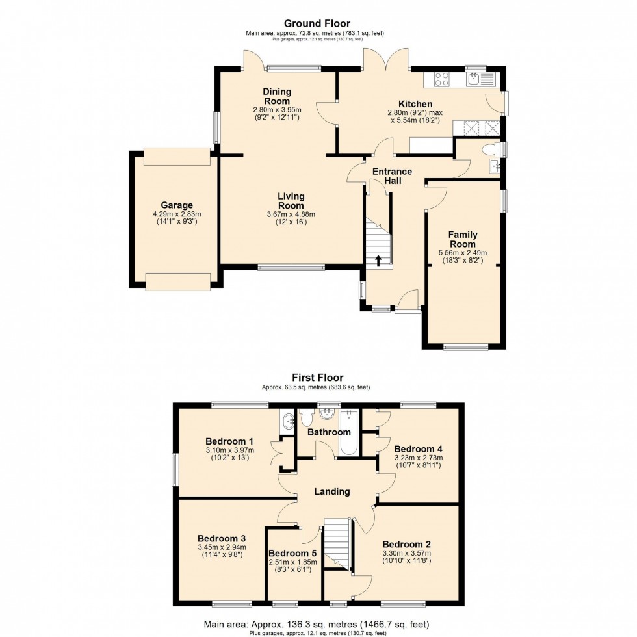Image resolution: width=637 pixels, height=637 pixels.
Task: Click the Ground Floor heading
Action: click(x=317, y=23)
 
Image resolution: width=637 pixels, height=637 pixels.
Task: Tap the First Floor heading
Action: click(x=318, y=378)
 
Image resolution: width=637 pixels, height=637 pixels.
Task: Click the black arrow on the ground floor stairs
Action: click(x=378, y=261)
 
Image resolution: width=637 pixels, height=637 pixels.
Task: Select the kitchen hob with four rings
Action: click(x=442, y=79)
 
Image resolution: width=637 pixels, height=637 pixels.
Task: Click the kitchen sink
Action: click(x=474, y=79)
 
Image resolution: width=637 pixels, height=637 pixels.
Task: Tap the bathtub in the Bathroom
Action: click(x=348, y=433)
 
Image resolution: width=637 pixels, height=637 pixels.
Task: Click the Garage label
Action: click(x=177, y=205)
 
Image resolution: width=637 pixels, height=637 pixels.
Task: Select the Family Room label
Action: click(x=463, y=239)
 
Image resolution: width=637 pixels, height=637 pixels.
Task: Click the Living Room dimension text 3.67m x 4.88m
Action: click(x=291, y=214)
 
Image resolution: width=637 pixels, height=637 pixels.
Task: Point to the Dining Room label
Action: click(x=277, y=96)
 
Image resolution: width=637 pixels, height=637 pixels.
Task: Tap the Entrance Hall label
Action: click(x=393, y=176)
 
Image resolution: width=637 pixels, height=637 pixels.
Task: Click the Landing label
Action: click(x=332, y=491)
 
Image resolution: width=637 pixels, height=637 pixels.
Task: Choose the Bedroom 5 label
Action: click(x=292, y=553)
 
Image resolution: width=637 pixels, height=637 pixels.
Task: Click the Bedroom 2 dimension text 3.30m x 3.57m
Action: click(x=407, y=553)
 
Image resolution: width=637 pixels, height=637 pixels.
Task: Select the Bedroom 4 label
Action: click(x=419, y=449)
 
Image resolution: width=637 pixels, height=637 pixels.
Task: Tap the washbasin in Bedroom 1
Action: click(x=288, y=422)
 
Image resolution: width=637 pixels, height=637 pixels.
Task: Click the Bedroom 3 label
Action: click(x=222, y=539)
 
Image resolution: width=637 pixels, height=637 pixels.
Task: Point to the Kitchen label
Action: click(x=415, y=104)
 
